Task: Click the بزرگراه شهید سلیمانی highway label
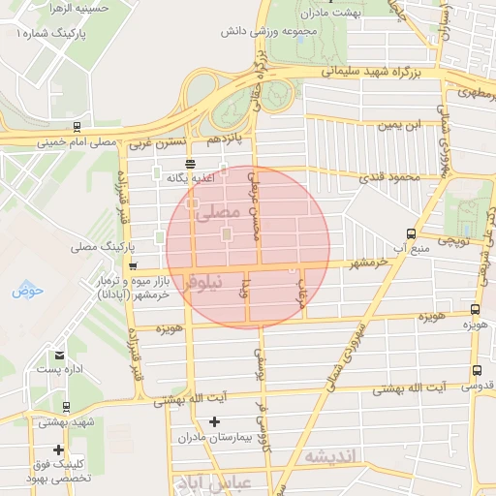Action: (379, 71)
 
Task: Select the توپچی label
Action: (454, 238)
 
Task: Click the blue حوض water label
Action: (29, 290)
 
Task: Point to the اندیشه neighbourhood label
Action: (330, 456)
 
